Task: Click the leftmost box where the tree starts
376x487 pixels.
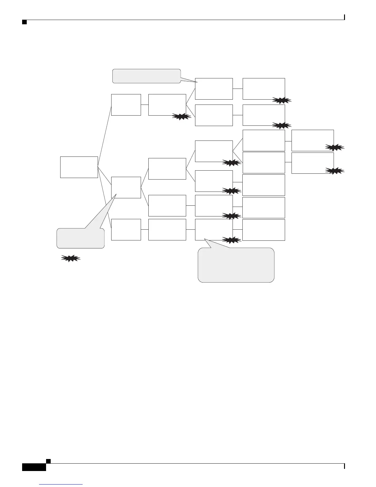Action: [79, 167]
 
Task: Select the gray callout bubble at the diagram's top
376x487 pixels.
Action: [146, 76]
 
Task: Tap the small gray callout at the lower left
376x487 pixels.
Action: [80, 238]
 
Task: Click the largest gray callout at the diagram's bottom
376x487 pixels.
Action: [236, 265]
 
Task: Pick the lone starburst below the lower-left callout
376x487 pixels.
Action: [71, 259]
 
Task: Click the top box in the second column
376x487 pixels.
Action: [126, 105]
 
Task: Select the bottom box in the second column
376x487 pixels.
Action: [126, 230]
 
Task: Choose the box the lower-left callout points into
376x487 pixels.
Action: [126, 188]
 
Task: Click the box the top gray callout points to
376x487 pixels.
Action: [214, 89]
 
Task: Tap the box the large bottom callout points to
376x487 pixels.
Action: [214, 230]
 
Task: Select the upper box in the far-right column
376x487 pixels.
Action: [312, 141]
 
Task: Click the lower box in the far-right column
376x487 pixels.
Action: [312, 163]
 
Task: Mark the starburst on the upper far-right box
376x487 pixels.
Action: [335, 148]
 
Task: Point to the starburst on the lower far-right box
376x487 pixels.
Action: [335, 171]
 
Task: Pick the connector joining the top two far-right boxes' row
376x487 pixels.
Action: [288, 141]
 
